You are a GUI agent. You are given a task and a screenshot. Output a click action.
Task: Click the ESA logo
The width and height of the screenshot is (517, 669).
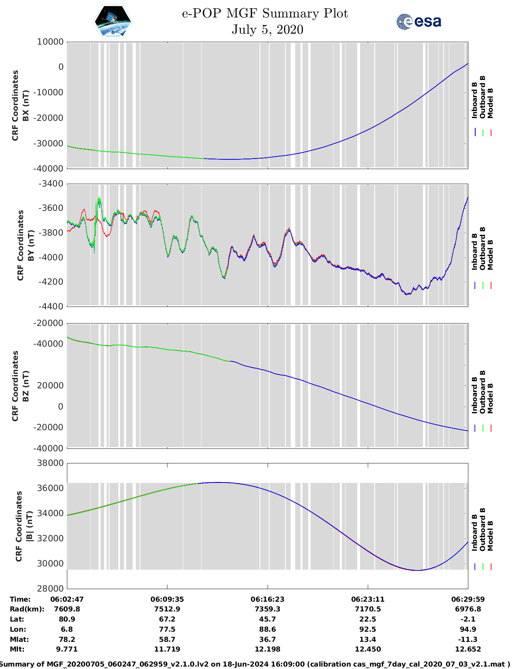[x=419, y=21]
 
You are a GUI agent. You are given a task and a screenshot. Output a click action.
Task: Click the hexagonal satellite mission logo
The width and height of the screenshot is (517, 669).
[x=113, y=21]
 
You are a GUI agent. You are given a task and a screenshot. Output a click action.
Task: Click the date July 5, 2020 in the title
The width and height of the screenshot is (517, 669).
[x=267, y=30]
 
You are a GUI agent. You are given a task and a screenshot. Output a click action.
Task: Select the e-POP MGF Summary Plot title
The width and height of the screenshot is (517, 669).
[x=265, y=13]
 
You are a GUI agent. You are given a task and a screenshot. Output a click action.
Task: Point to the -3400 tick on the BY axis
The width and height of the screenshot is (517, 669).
[x=51, y=184]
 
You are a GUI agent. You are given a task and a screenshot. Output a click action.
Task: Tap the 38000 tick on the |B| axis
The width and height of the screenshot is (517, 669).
[x=50, y=463]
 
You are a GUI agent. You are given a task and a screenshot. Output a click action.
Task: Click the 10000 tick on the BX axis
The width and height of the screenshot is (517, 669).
[x=50, y=42]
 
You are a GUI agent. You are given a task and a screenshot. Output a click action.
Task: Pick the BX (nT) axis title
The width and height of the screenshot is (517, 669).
[x=26, y=105]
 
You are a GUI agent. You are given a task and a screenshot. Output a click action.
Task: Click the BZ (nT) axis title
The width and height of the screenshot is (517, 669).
[x=26, y=386]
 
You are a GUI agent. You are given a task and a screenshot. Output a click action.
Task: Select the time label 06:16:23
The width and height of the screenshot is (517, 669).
[x=267, y=599]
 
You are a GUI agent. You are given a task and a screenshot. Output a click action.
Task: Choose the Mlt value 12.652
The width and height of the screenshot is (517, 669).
[x=468, y=649]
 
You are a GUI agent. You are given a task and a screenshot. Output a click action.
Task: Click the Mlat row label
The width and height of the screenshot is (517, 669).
[x=19, y=639]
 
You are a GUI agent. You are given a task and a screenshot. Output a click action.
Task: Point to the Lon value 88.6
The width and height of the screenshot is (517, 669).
[x=267, y=629]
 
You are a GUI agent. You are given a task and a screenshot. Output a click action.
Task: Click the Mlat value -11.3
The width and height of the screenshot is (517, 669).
[x=468, y=639]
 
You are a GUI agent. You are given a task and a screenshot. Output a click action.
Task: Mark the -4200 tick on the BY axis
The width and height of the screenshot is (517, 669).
[x=51, y=282]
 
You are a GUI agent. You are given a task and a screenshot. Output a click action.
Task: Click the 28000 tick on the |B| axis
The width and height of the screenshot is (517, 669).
[x=50, y=589]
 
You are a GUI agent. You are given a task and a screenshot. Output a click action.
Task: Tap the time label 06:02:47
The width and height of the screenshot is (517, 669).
[x=67, y=599]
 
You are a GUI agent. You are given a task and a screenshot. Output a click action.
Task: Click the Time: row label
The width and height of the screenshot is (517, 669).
[x=20, y=599]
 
